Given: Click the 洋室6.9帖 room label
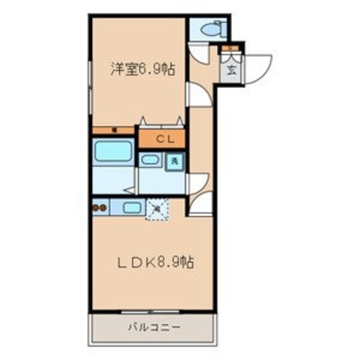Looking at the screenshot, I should coord(142,70).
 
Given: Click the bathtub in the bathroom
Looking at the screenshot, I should coord(113,151).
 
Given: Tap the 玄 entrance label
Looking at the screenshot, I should coord(231,68).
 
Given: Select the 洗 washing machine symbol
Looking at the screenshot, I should coord(174,161).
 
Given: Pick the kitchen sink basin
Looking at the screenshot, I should coord(132,208).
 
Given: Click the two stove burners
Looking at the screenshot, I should coord(100,208).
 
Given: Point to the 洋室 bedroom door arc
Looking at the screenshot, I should coord(197,94).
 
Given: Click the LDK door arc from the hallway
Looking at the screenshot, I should coord(200,205).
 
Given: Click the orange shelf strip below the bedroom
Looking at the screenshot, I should coord(113,130).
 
